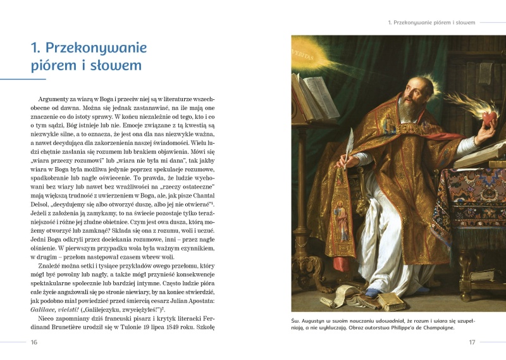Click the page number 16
(34, 342)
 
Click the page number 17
(471, 342)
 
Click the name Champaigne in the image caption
(436, 328)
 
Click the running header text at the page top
(431, 23)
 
